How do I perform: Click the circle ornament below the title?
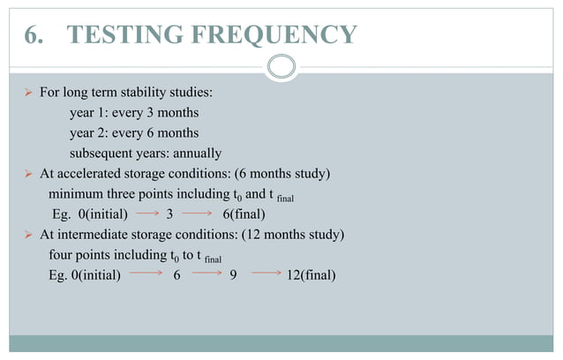coord(281,66)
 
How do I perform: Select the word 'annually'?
coord(196,154)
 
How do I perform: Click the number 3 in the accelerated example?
coord(169,214)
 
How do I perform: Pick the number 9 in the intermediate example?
coord(233,275)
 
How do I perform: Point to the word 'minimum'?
coord(76,194)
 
